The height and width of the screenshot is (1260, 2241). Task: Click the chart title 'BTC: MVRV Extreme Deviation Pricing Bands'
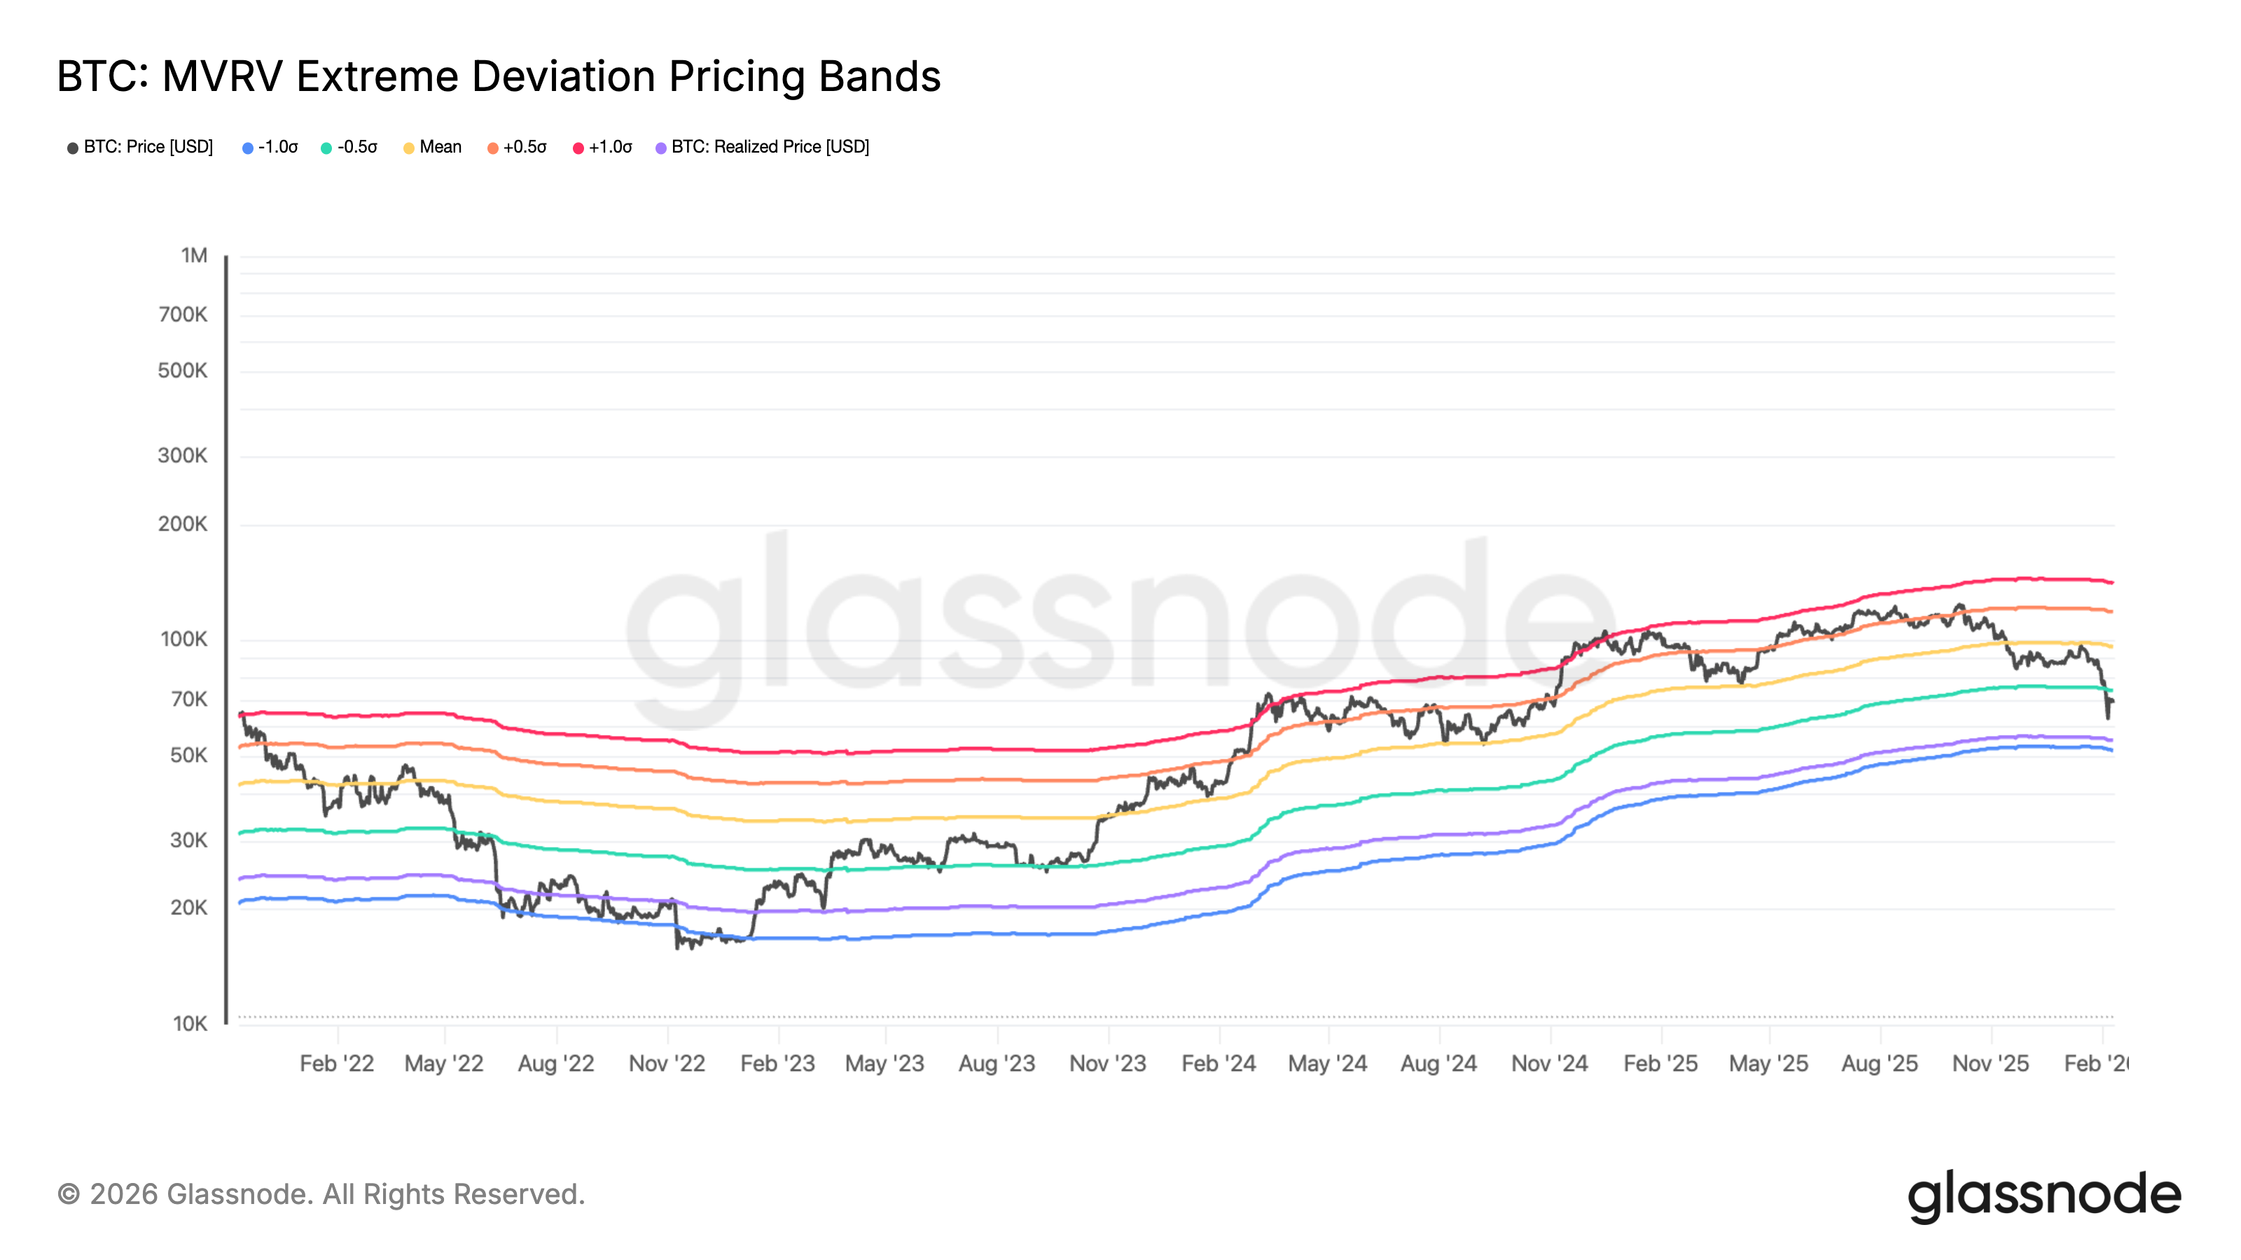coord(499,76)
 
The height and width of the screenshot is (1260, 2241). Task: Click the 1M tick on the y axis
coord(194,255)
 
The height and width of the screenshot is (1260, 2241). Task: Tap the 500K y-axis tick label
coord(183,370)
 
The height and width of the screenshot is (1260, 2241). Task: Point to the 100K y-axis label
coord(183,639)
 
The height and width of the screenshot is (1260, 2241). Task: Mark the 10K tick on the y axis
coord(190,1023)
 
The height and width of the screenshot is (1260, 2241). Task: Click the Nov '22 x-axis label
coord(667,1063)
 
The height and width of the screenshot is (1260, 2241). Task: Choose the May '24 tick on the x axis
coord(1328,1063)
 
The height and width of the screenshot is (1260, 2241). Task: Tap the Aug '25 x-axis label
coord(1879,1063)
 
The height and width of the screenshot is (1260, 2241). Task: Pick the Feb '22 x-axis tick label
coord(337,1063)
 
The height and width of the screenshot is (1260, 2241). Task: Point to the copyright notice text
coord(321,1195)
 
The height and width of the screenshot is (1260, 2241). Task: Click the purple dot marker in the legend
coord(661,148)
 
